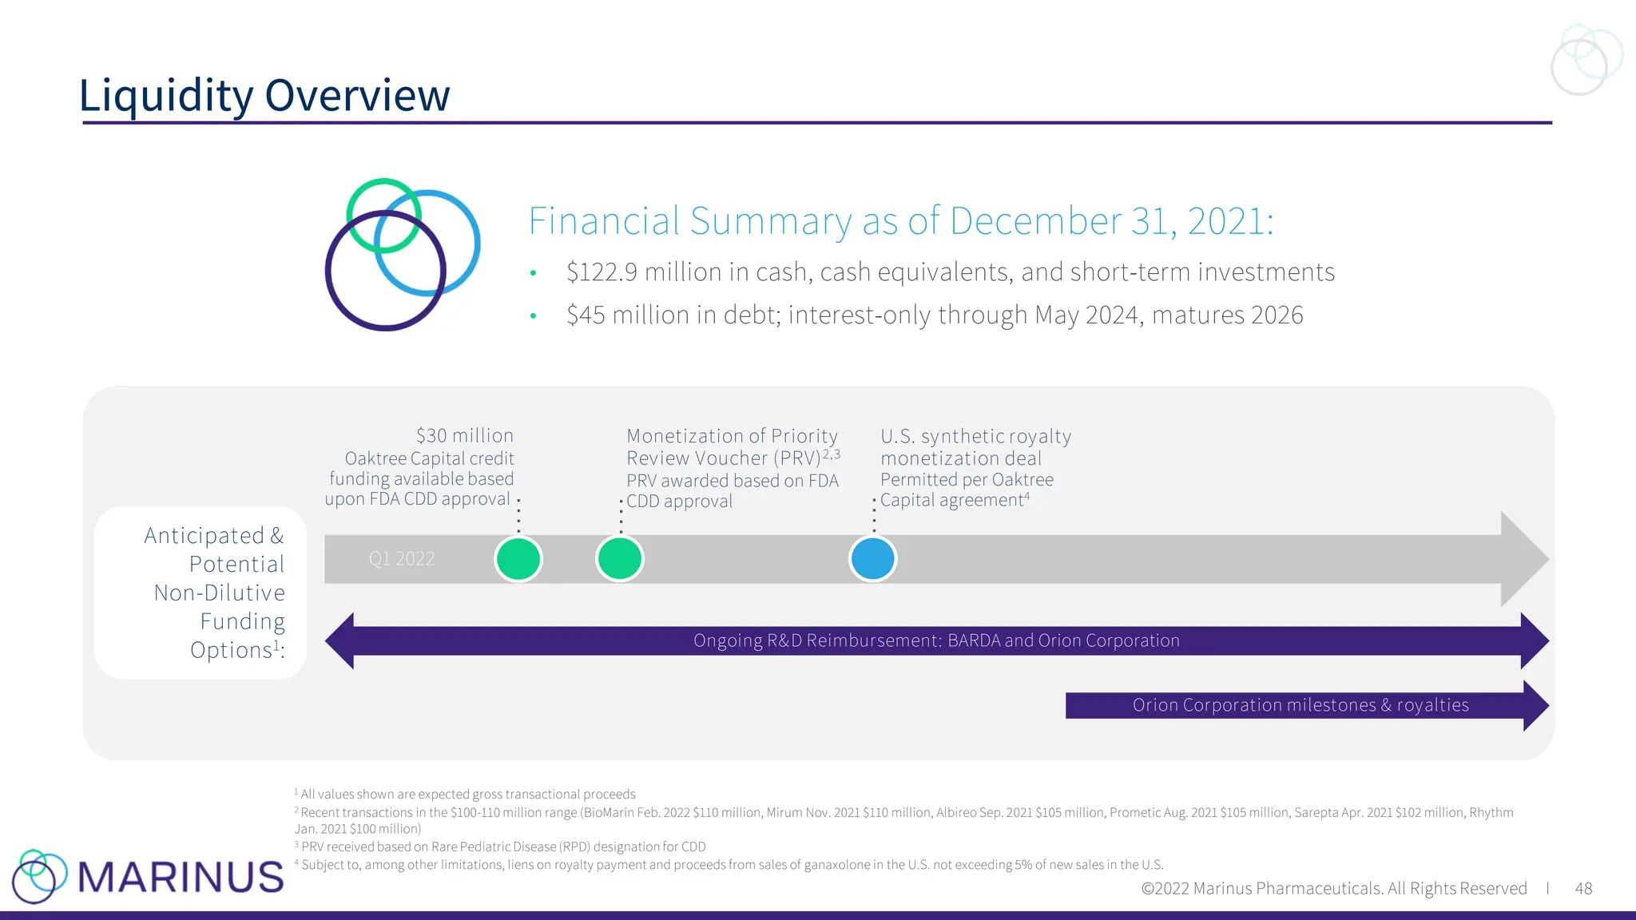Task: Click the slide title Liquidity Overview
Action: [264, 95]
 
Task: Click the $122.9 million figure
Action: [602, 272]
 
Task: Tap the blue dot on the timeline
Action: [872, 558]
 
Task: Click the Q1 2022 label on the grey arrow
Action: [402, 559]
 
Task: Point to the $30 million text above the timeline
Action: [464, 436]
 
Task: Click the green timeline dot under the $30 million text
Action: [518, 558]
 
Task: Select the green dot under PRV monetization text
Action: [620, 558]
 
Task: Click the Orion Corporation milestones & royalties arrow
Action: [1300, 705]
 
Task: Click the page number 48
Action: [1583, 889]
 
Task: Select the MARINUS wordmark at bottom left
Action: [181, 877]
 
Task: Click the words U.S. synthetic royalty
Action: [975, 437]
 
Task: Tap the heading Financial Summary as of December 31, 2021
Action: [900, 221]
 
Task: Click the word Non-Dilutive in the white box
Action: [220, 593]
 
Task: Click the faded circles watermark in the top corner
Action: [1586, 59]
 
